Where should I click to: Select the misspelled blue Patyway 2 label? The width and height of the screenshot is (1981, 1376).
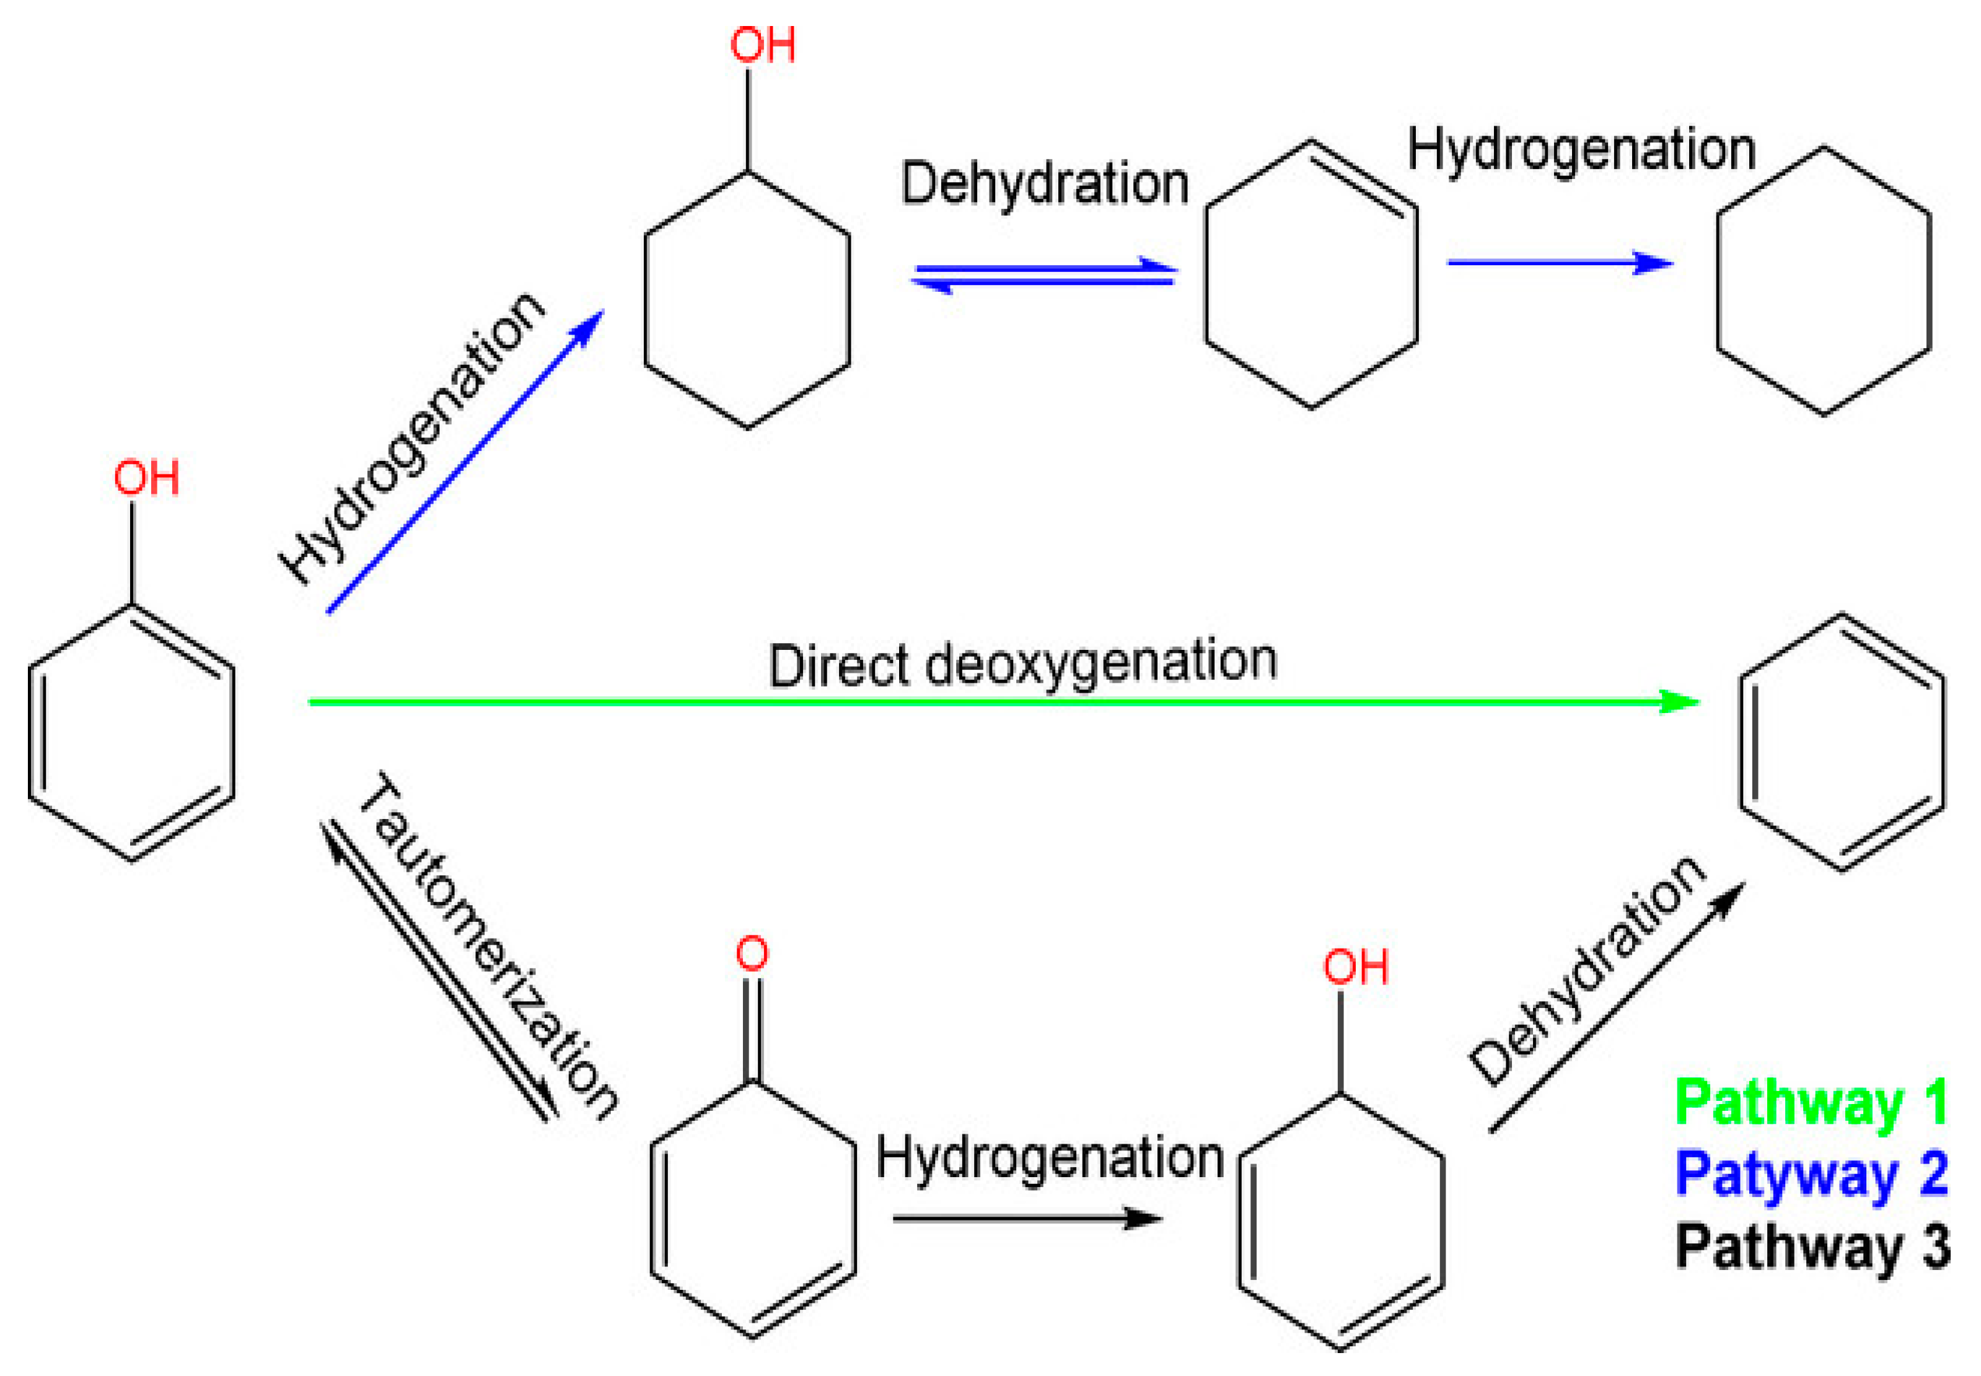[1811, 1173]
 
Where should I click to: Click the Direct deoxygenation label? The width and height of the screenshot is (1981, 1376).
[1022, 665]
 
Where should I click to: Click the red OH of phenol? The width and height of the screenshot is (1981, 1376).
[147, 478]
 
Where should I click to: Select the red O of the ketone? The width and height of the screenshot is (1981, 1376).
[752, 953]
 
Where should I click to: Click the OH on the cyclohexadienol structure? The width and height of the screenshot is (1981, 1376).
[1356, 967]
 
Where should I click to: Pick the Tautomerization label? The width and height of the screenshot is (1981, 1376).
[487, 945]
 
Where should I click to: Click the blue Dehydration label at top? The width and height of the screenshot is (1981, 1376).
[1044, 183]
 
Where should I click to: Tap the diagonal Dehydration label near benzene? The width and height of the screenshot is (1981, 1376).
[1587, 971]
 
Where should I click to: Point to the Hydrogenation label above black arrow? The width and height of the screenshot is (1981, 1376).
[1049, 1157]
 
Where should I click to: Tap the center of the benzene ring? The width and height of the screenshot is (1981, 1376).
[1842, 742]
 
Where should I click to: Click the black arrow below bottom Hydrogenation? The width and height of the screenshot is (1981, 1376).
[1027, 1218]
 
